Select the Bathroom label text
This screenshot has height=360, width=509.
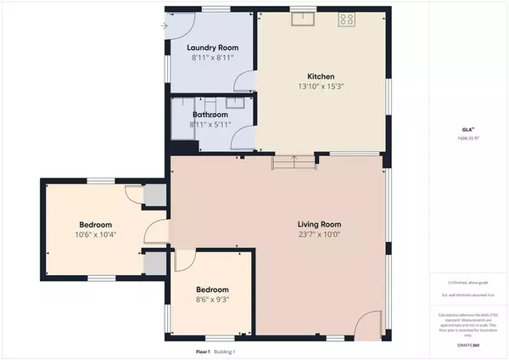209,114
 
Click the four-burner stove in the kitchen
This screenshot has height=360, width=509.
346,19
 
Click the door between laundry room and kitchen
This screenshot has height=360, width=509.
243,82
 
